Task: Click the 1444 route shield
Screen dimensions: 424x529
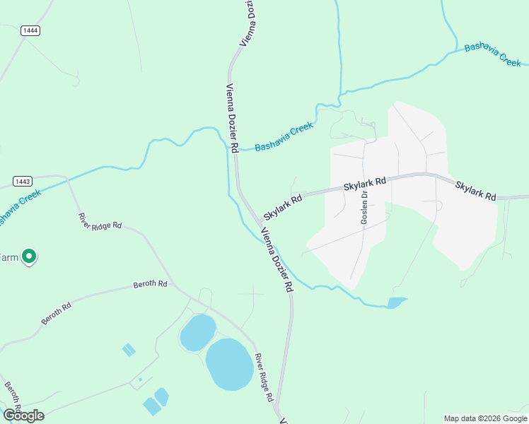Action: click(30, 30)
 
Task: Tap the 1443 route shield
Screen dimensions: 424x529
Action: click(22, 182)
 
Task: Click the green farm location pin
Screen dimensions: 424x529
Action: click(29, 257)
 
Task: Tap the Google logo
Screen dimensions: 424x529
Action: click(23, 415)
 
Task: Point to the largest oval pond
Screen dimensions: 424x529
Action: click(229, 364)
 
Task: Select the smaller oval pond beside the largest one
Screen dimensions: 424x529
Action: click(197, 332)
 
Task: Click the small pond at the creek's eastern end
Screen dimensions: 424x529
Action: click(397, 303)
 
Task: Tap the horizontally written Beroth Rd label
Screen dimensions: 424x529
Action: click(150, 284)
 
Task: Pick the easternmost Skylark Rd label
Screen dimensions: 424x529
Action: click(476, 191)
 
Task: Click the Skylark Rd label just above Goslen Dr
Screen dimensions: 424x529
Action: click(365, 184)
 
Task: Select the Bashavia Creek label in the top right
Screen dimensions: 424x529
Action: click(493, 54)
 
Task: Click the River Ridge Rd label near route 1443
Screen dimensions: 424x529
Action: click(100, 220)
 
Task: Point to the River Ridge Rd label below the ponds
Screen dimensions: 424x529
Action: click(264, 378)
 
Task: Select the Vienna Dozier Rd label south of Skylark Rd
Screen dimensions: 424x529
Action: click(277, 261)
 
